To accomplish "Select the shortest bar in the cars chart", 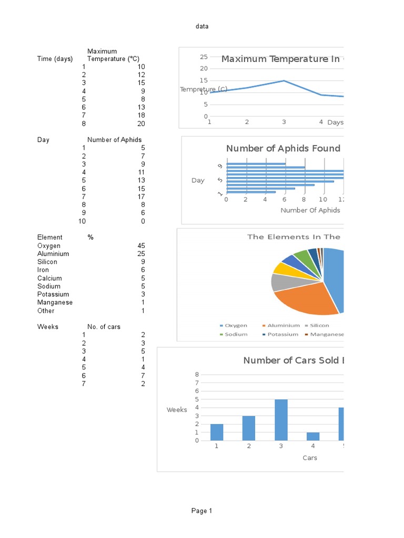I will coord(312,436).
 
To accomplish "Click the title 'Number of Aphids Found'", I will coord(283,149).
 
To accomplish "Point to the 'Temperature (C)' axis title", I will coord(204,89).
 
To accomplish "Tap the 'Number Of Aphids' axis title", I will coord(310,210).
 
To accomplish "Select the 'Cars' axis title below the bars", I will coord(310,458).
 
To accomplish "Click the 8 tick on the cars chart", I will coord(197,375).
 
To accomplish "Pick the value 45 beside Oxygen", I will coord(141,246).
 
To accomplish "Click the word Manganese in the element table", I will coord(55,303).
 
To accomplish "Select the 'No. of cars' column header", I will coord(104,327).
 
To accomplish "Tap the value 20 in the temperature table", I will coord(141,123).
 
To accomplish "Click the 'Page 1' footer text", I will coord(202,511).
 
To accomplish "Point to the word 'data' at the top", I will coord(202,26).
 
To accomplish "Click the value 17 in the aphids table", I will coord(141,196).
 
